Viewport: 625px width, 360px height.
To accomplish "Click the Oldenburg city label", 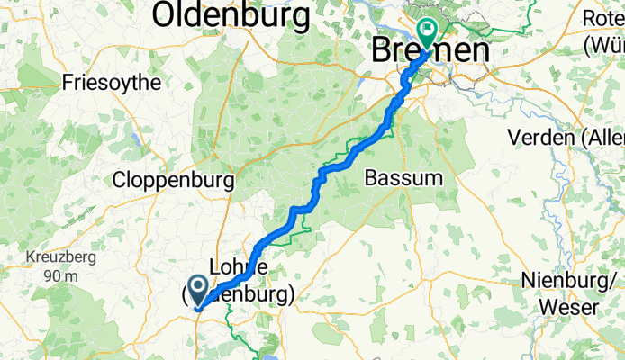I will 232,14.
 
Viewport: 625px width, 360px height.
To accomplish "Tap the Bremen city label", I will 432,50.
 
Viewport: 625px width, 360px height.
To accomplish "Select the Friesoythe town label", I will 112,83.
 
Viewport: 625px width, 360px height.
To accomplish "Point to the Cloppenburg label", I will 173,180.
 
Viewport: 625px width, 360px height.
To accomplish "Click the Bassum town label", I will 403,178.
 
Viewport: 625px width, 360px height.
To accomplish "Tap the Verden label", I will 566,138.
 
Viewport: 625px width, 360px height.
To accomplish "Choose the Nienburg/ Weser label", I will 568,293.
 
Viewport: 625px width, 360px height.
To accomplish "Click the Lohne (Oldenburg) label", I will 238,281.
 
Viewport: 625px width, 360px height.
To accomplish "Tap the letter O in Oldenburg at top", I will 168,14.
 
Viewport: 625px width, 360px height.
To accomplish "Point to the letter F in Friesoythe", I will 68,83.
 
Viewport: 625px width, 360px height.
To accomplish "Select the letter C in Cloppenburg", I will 119,180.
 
